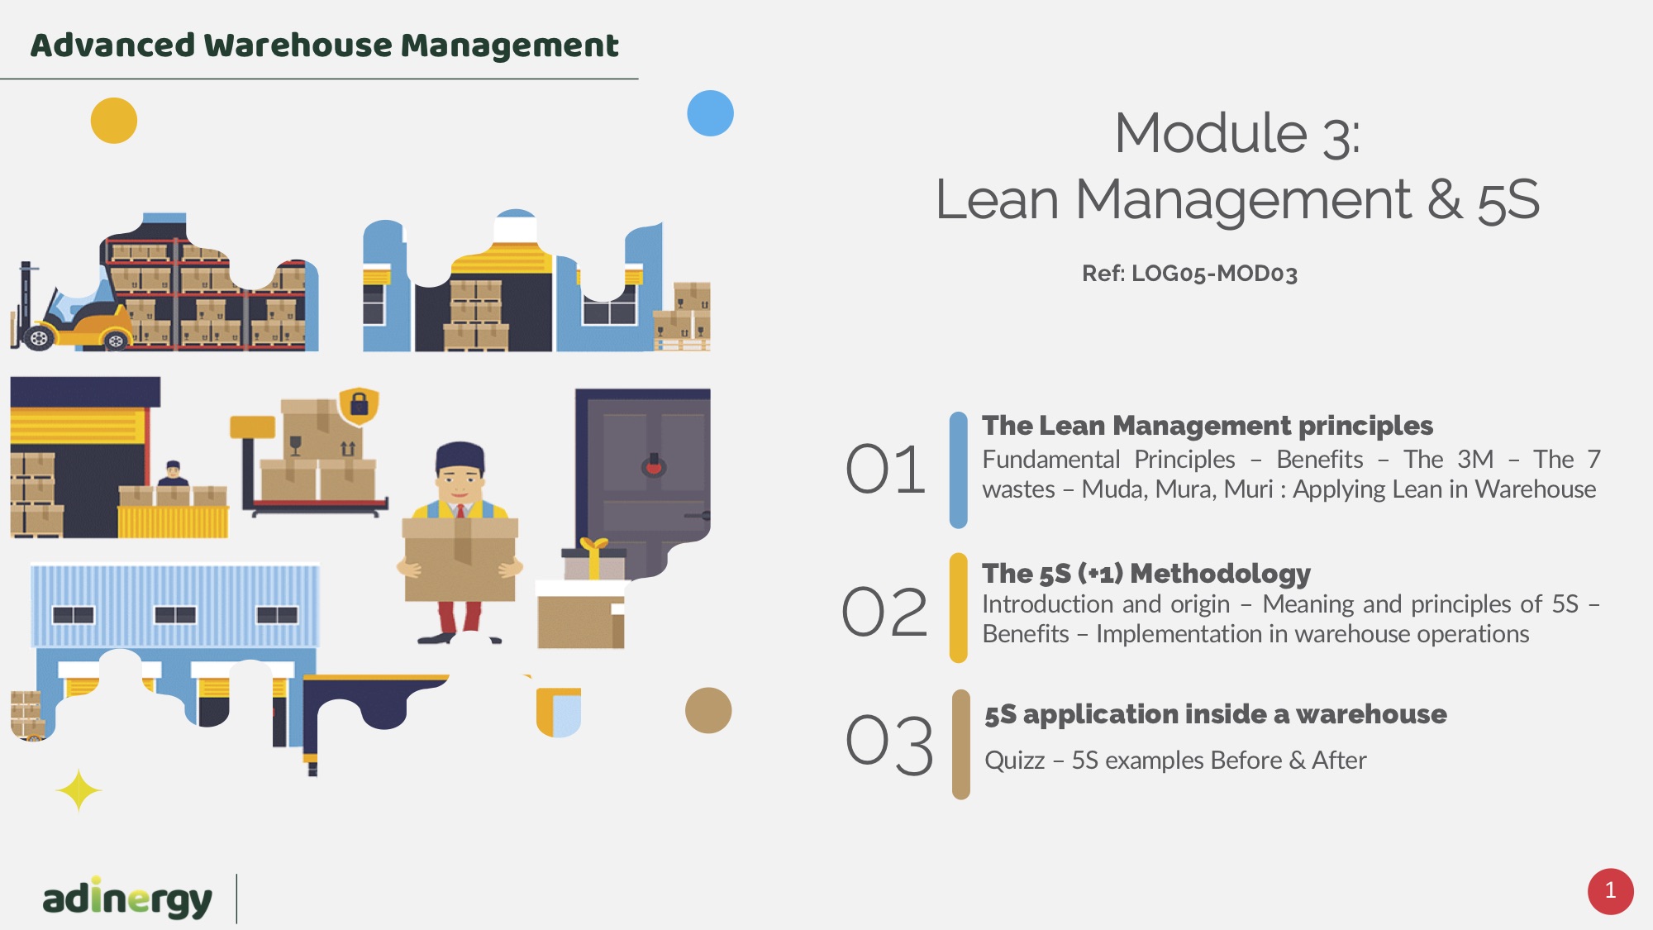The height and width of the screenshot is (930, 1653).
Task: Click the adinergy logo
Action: tap(127, 899)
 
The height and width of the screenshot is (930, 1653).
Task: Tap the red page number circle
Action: tap(1610, 891)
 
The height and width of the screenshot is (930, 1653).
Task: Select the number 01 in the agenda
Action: tap(885, 469)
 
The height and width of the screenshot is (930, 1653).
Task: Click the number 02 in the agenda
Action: tap(884, 612)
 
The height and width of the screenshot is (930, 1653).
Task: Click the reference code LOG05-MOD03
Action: tap(1214, 274)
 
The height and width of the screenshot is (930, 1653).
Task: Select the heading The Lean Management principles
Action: tap(1208, 426)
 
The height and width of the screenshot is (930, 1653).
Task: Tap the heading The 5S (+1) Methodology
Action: tap(1146, 573)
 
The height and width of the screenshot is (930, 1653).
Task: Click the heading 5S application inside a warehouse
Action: tap(1216, 714)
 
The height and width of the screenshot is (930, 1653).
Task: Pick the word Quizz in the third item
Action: tap(1015, 761)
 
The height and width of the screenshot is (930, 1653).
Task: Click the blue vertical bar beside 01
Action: tap(959, 470)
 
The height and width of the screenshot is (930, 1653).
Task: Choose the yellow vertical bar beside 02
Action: tap(959, 608)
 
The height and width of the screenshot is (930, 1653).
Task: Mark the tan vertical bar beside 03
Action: tap(961, 745)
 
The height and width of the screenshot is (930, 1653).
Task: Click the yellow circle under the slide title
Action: tap(114, 121)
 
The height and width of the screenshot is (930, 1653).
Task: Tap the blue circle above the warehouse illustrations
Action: tap(711, 113)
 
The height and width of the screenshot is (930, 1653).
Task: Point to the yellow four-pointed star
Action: tap(79, 791)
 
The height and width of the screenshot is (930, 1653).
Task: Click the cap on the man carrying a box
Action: tap(460, 455)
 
